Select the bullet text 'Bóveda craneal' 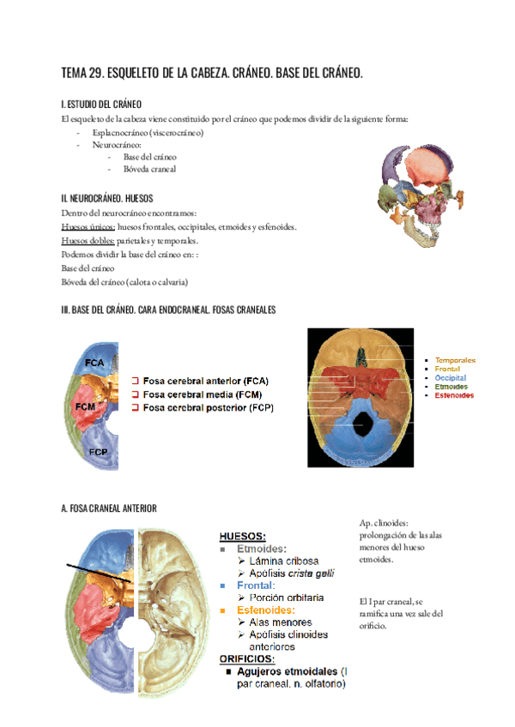point(149,169)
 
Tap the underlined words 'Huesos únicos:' point(88,227)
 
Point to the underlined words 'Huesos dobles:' point(88,241)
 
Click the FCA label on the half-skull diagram point(94,363)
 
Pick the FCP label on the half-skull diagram point(97,450)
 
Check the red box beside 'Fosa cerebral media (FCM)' point(136,394)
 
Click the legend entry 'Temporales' point(455,360)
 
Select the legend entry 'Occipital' point(451,377)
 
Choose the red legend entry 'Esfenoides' point(454,395)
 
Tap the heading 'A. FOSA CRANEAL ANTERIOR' point(109,508)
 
